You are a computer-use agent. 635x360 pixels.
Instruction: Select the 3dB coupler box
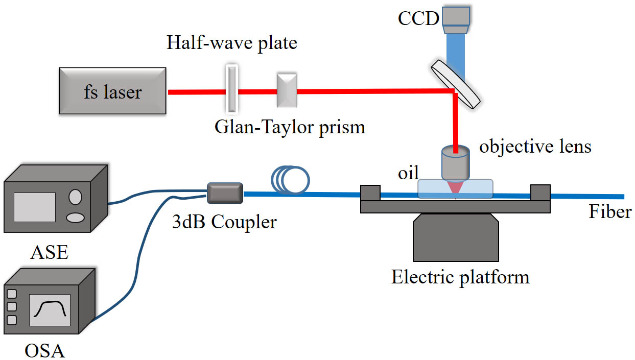point(225,194)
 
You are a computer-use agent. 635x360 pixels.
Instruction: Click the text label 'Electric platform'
point(460,277)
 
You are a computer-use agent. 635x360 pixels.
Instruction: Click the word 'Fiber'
point(610,211)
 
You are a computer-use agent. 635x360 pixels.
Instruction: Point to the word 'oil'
point(409,174)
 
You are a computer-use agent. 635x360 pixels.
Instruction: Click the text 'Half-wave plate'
point(231,42)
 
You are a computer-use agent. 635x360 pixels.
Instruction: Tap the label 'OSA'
point(45,351)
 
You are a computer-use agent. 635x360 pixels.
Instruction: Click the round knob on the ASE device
point(76,197)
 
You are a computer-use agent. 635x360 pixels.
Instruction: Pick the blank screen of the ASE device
point(35,207)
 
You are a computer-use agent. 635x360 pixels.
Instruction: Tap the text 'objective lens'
point(535,147)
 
